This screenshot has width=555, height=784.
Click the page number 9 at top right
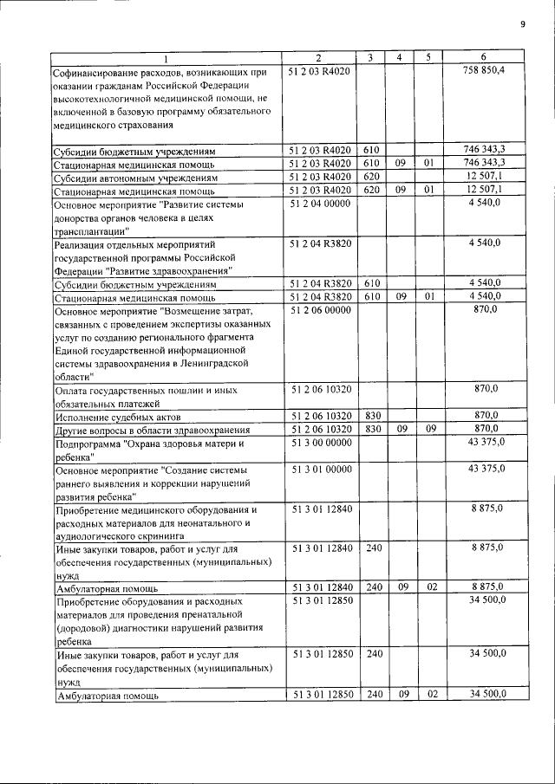coord(523,24)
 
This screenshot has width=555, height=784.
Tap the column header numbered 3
coord(370,57)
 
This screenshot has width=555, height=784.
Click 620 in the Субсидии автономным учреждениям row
coord(370,177)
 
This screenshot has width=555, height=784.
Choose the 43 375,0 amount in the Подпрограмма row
coord(486,443)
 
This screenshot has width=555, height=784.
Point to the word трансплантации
coord(90,232)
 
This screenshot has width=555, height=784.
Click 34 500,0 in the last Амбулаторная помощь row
coord(486,694)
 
